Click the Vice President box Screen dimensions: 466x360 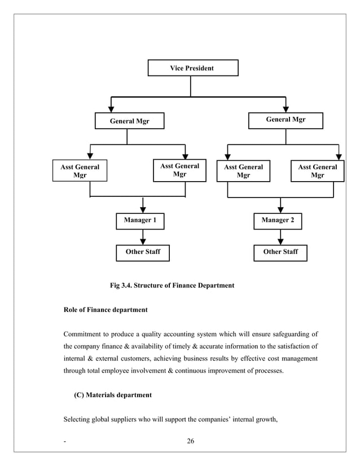(192, 68)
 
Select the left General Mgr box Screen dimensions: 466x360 (129, 121)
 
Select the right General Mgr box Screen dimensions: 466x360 (286, 121)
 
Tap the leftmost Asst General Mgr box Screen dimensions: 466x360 (80, 171)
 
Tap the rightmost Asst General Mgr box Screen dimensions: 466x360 (317, 171)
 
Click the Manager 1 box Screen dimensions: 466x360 (140, 221)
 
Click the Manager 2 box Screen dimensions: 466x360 (278, 221)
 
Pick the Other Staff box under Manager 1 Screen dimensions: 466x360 (143, 252)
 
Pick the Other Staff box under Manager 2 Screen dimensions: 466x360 (280, 252)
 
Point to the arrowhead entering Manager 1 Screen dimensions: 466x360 (143, 209)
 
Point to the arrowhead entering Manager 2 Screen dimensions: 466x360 (280, 209)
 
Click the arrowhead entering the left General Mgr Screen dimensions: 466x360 (111, 108)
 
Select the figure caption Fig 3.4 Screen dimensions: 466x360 (172, 285)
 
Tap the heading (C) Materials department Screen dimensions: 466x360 (113, 395)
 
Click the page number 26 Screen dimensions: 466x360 (190, 441)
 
